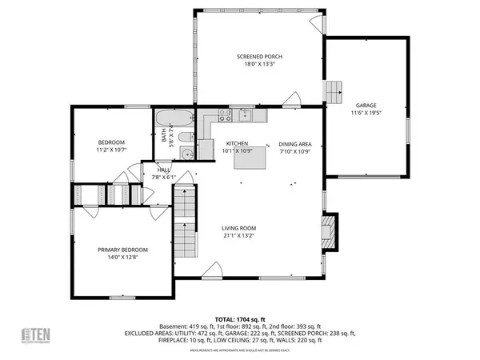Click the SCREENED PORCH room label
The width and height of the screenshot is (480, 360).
(259, 57)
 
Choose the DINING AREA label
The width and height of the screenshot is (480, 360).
(294, 143)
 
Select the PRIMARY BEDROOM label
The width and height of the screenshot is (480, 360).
(122, 250)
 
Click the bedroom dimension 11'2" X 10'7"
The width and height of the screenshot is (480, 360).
(111, 150)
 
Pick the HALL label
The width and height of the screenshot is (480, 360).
(164, 170)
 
